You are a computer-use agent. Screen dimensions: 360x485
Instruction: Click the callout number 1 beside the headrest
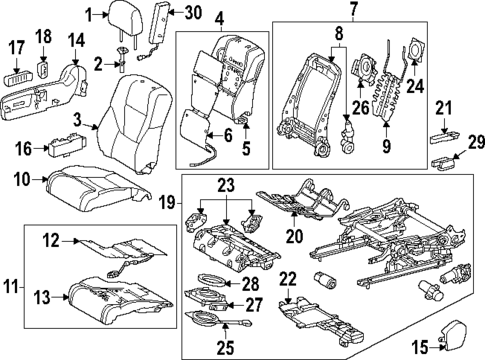pyautogui.click(x=90, y=14)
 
